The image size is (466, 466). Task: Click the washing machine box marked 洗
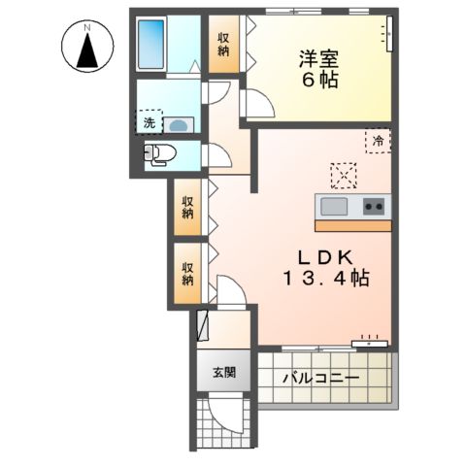pyautogui.click(x=150, y=123)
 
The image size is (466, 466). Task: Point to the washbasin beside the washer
pyautogui.click(x=179, y=124)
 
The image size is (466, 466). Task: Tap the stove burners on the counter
pyautogui.click(x=375, y=206)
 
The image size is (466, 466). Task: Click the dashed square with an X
pyautogui.click(x=344, y=175)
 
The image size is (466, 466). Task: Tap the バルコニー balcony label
pyautogui.click(x=322, y=377)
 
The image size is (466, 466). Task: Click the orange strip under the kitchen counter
pyautogui.click(x=352, y=225)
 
